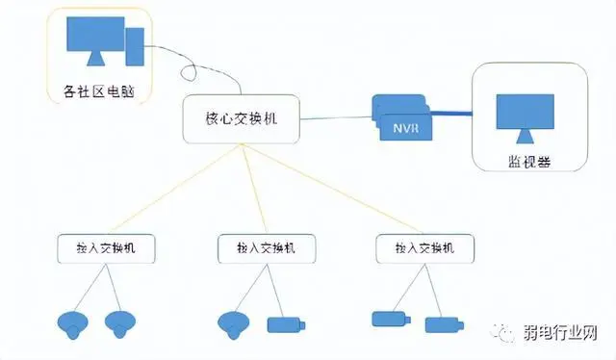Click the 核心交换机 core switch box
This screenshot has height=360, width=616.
tap(240, 118)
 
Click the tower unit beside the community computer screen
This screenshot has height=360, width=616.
tap(136, 45)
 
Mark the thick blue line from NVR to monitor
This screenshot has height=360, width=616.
tap(451, 114)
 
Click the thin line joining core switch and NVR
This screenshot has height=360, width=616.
tap(337, 116)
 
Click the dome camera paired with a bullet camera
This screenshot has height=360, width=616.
tap(234, 323)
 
